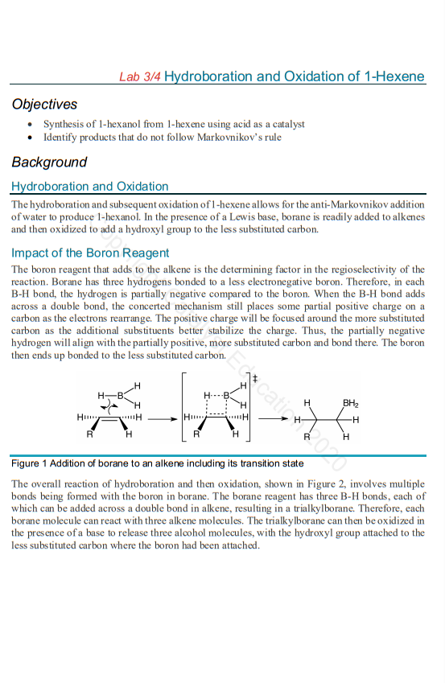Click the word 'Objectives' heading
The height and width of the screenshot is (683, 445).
pos(44,105)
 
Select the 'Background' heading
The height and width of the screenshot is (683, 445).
pos(49,163)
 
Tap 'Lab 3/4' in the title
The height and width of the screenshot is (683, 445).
pos(140,77)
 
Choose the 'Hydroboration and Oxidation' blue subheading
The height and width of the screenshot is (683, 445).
pos(89,187)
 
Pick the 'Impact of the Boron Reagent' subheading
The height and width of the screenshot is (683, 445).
pos(90,253)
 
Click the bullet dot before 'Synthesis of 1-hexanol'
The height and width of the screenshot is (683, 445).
pos(30,125)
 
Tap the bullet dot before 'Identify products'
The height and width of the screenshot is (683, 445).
pos(30,137)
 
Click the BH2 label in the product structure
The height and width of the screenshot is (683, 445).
pos(351,403)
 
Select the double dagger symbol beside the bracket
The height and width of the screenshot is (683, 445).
pos(254,378)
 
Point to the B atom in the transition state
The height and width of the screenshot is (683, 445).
pos(226,395)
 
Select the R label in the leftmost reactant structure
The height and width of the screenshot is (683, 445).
pos(89,434)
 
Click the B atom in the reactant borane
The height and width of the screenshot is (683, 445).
pos(120,395)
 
